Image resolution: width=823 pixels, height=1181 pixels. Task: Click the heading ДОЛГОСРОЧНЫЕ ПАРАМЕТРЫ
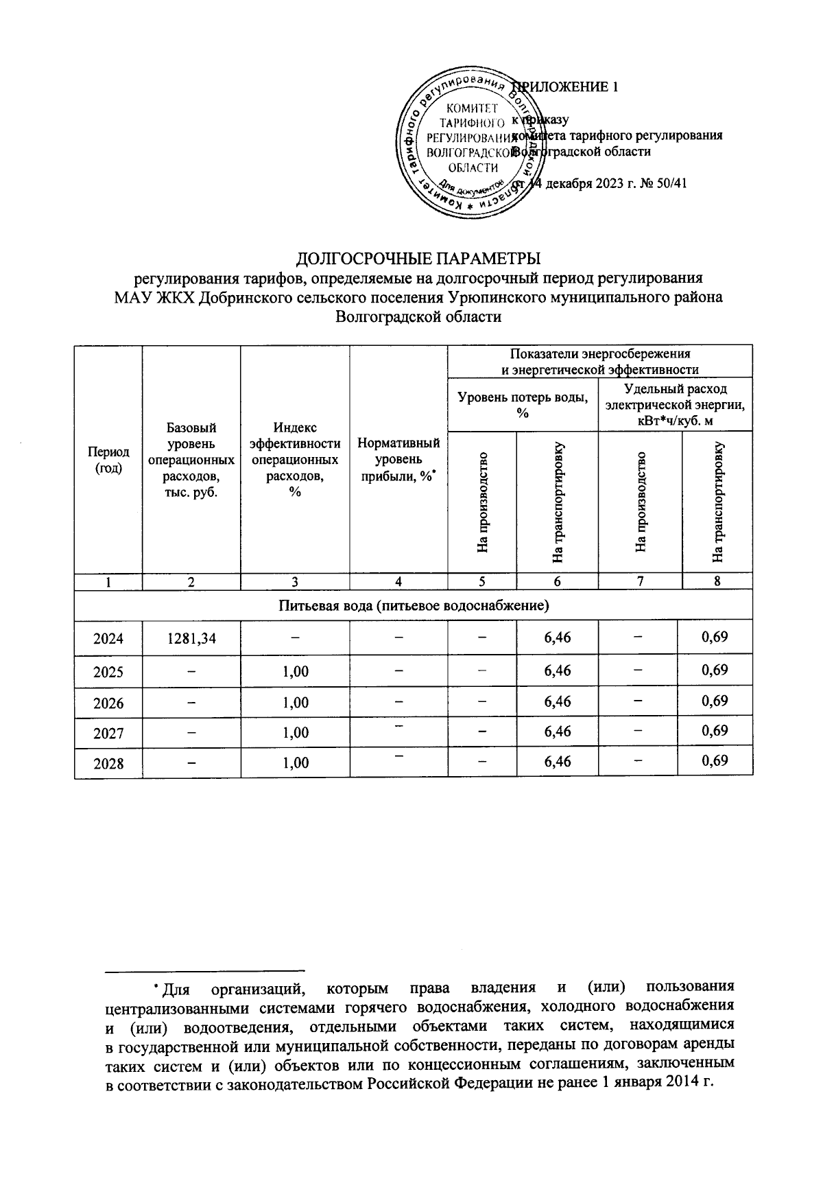[418, 259]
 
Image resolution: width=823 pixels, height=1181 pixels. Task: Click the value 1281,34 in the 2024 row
[191, 639]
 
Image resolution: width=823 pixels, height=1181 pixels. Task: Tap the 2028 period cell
[108, 763]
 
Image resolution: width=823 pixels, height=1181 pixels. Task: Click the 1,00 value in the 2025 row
[295, 672]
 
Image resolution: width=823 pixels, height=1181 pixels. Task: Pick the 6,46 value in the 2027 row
[557, 732]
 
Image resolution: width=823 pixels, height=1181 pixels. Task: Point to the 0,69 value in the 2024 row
[715, 638]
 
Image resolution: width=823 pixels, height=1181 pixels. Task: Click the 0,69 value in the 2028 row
[715, 760]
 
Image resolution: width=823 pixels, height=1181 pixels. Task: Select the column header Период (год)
[108, 460]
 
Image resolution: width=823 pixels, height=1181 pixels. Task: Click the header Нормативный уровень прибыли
[398, 460]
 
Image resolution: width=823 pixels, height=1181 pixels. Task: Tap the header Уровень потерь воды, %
[523, 404]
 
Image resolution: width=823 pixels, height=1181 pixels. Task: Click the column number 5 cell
[482, 582]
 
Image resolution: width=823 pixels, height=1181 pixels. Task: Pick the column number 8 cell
[717, 582]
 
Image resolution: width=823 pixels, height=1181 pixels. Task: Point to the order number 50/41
[671, 184]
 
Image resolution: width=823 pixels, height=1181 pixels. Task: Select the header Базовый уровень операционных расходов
[191, 460]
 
